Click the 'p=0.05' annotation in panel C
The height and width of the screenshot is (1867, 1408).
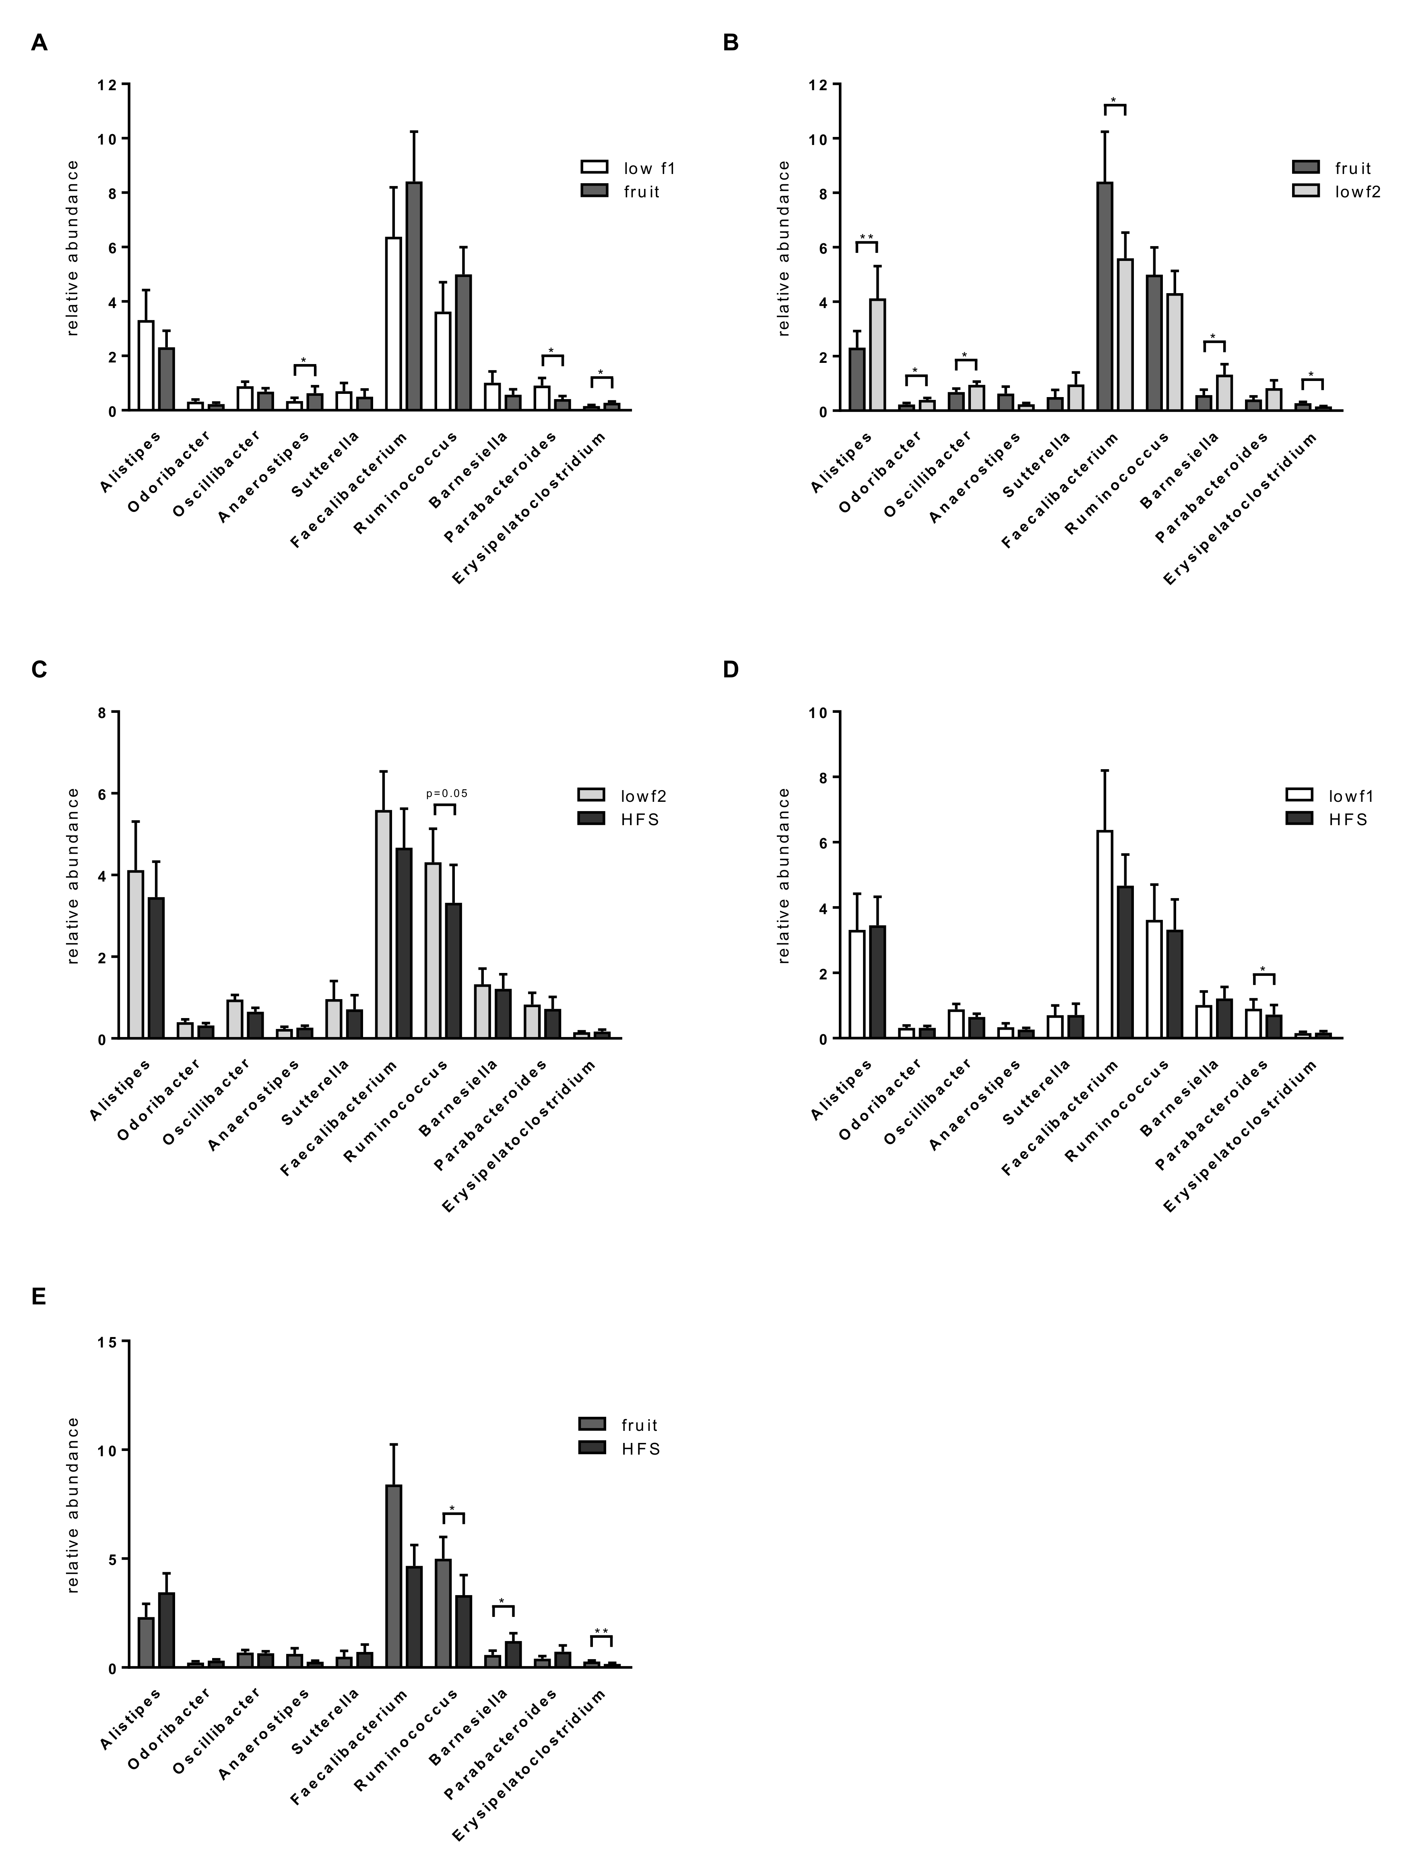coord(446,793)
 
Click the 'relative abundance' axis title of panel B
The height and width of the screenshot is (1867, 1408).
coord(784,248)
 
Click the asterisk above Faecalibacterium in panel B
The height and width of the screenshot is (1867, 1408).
coord(1114,100)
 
